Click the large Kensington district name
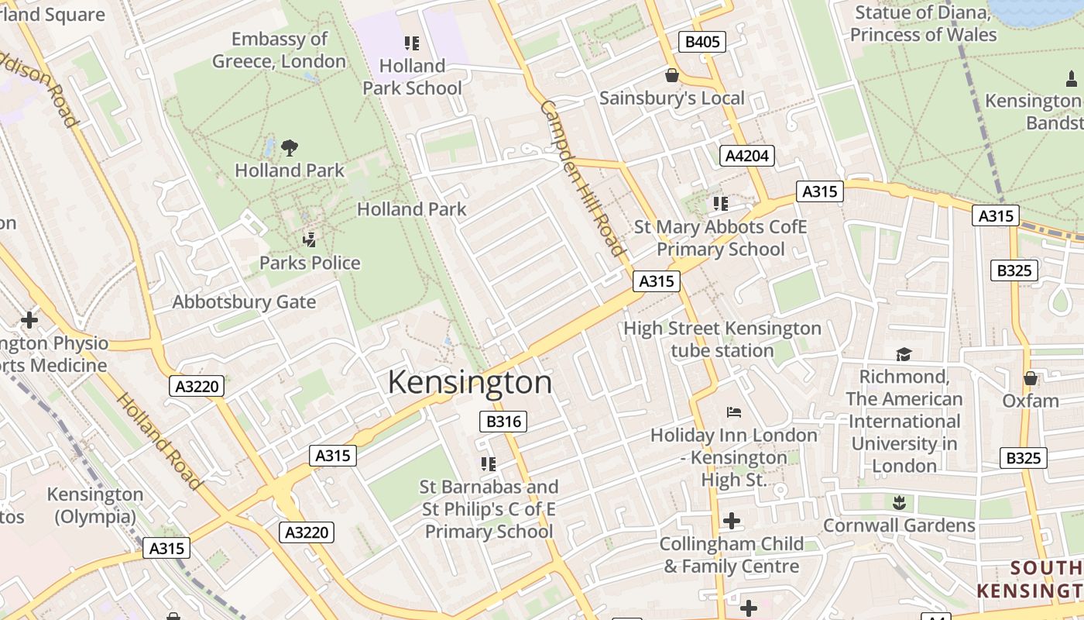[469, 382]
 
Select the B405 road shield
[702, 42]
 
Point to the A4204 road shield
[746, 156]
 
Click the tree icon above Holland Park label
[290, 147]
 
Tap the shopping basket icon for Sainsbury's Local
[671, 75]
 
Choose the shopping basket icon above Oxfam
[1030, 378]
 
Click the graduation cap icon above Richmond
[904, 354]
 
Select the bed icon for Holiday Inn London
[733, 412]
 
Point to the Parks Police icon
[310, 239]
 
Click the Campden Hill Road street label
[582, 177]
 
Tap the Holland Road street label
[159, 441]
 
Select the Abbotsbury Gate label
[244, 302]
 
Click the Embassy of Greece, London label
[279, 50]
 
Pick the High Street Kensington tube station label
[722, 339]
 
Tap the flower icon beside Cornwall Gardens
[898, 501]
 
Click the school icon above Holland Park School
[411, 43]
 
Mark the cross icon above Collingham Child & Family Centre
[731, 520]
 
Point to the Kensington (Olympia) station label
[95, 505]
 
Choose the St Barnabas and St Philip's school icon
[488, 463]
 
